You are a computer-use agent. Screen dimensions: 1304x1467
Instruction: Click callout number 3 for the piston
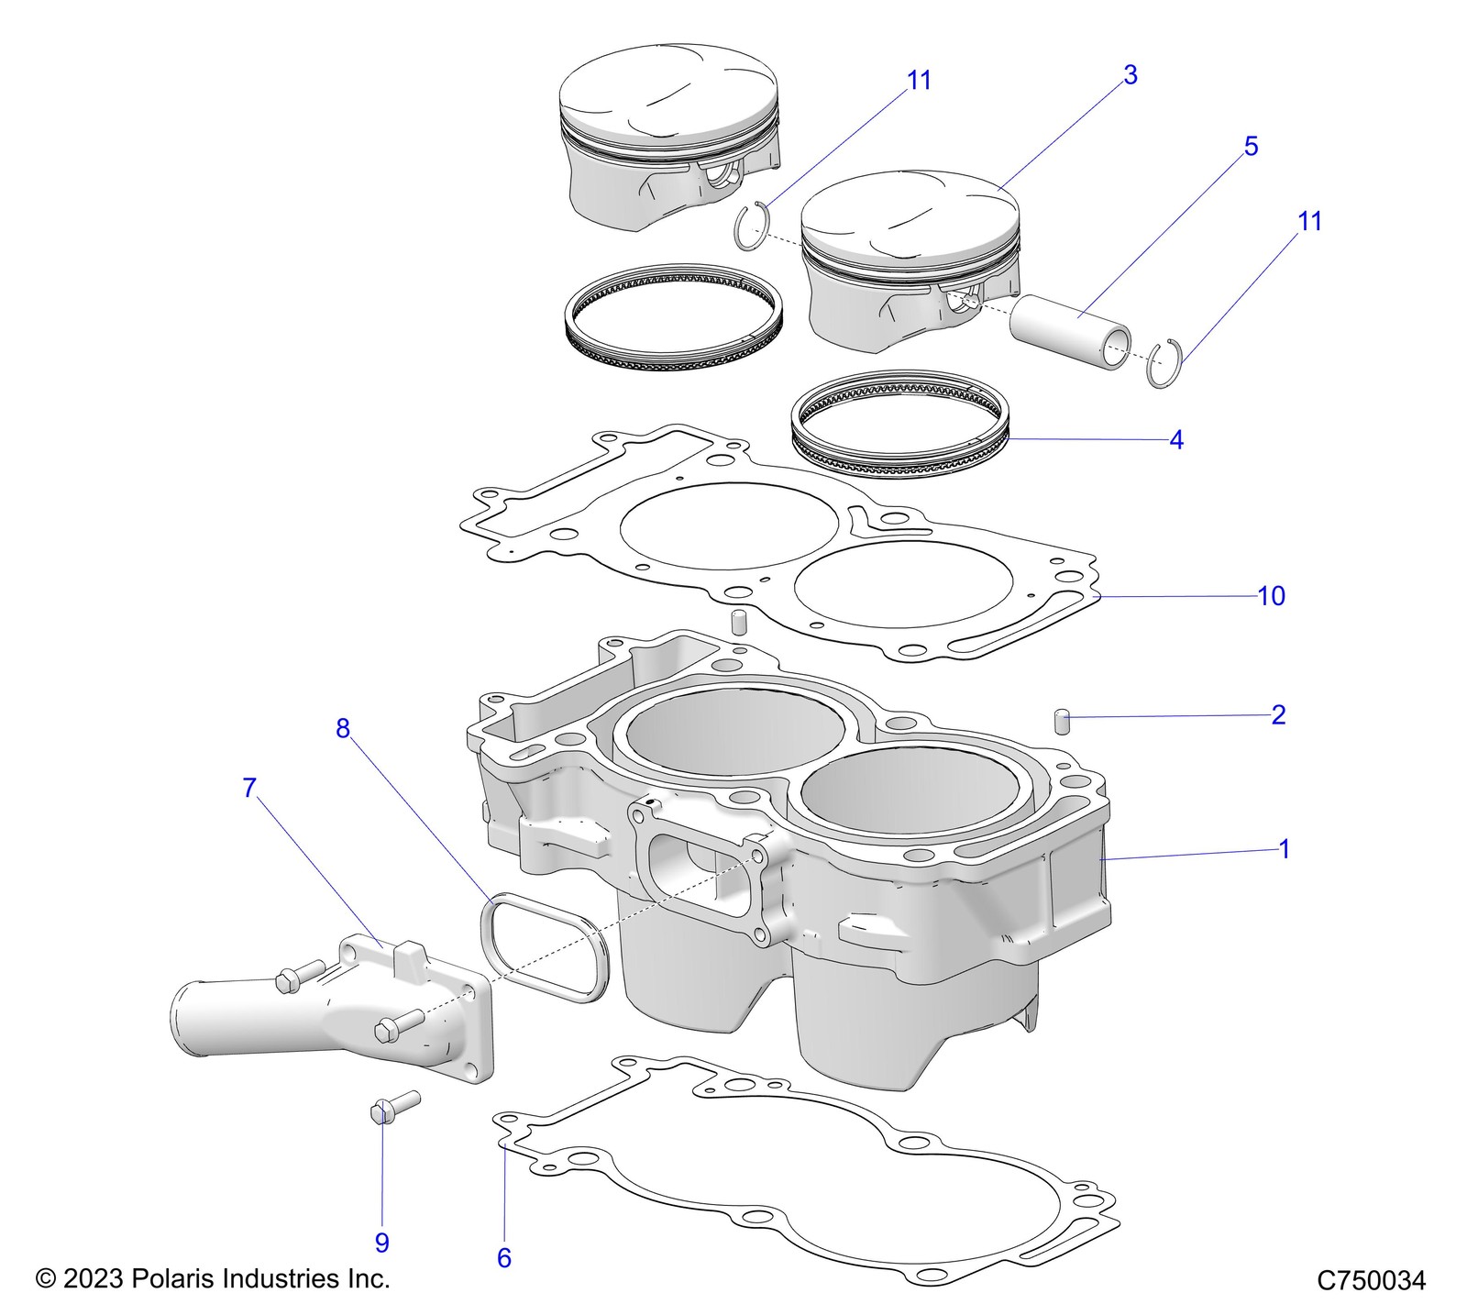point(1130,75)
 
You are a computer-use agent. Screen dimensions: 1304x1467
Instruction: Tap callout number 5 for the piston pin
point(1251,147)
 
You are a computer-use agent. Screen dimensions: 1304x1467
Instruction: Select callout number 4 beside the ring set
point(1176,440)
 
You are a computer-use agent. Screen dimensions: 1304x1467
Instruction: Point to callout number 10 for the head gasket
point(1271,596)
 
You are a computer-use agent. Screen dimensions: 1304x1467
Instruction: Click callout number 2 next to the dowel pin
point(1278,714)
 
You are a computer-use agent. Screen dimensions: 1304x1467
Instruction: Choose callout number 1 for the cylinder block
point(1284,849)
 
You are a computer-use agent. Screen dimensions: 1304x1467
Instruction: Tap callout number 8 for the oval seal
point(343,729)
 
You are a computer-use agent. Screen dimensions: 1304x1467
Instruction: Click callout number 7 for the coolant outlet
point(249,788)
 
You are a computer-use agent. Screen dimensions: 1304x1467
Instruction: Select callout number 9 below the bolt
point(382,1243)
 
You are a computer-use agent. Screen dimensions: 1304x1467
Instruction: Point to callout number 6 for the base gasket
point(504,1257)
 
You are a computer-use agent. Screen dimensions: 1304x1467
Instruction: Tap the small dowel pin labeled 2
point(1064,721)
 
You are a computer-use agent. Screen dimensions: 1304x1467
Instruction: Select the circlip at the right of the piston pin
point(1165,363)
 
